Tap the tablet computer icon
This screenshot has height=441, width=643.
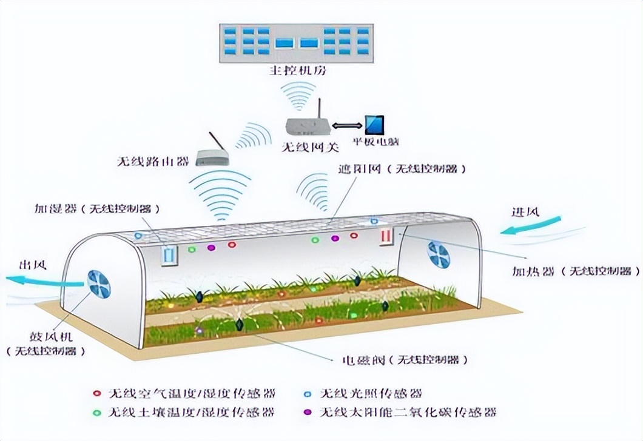(x=374, y=125)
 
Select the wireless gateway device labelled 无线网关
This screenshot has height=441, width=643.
(x=308, y=125)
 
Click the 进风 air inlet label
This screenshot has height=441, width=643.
(x=525, y=213)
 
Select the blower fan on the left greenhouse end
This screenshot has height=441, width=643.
(x=99, y=283)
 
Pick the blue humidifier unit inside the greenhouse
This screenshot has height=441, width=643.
(x=169, y=254)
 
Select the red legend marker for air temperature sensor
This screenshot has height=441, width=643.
(x=97, y=393)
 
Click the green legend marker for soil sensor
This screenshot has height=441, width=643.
(x=97, y=413)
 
